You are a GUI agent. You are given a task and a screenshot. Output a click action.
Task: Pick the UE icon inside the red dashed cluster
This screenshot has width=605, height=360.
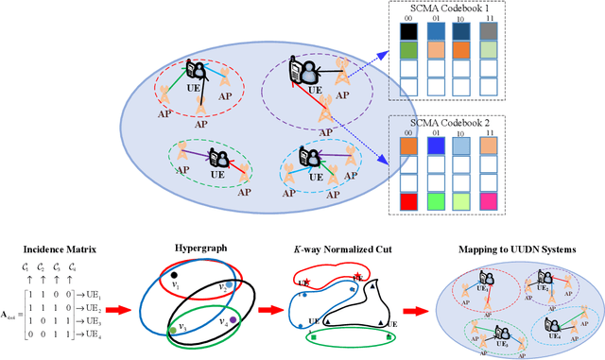[197, 72]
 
